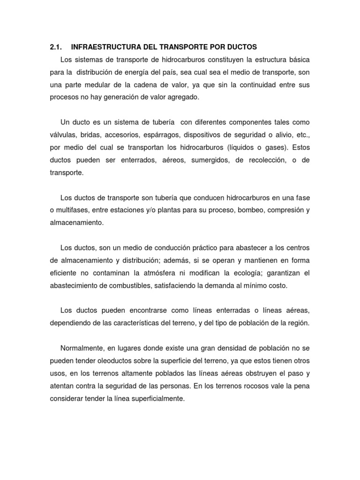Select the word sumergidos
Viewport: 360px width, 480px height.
pos(210,160)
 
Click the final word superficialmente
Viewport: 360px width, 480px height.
pos(152,398)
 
